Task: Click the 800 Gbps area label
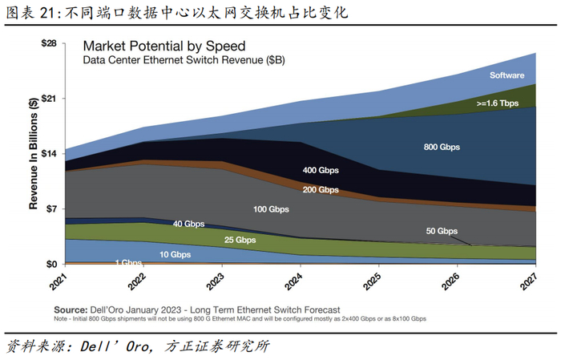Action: click(x=442, y=147)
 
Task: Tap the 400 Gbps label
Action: click(x=321, y=170)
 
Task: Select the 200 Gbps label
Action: click(x=321, y=190)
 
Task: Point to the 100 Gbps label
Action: click(x=271, y=209)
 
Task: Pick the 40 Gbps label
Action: click(x=189, y=224)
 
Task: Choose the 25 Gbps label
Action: click(x=240, y=240)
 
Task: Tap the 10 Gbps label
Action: click(x=175, y=254)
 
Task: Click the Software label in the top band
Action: click(x=507, y=75)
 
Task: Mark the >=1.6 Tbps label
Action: click(x=498, y=103)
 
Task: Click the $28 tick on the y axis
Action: click(x=49, y=43)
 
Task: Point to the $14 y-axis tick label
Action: click(x=49, y=153)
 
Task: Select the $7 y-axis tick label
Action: click(x=51, y=208)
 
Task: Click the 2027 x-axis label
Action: click(x=533, y=282)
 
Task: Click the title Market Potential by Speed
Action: click(x=164, y=47)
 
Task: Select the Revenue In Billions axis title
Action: click(x=34, y=153)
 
